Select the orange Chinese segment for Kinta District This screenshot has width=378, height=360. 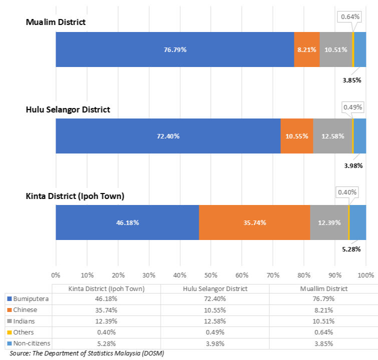[254, 222]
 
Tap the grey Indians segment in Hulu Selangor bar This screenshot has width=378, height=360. [332, 136]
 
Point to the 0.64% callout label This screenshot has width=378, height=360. [350, 17]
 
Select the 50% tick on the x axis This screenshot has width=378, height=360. [210, 275]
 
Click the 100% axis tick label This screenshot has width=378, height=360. [366, 275]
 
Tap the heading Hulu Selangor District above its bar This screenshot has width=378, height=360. [68, 109]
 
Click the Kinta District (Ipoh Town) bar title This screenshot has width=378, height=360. [75, 195]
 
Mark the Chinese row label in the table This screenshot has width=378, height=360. [24, 309]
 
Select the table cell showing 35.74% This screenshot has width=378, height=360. [107, 309]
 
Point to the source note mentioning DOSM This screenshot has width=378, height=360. [87, 353]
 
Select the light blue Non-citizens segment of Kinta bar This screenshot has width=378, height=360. [358, 222]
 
